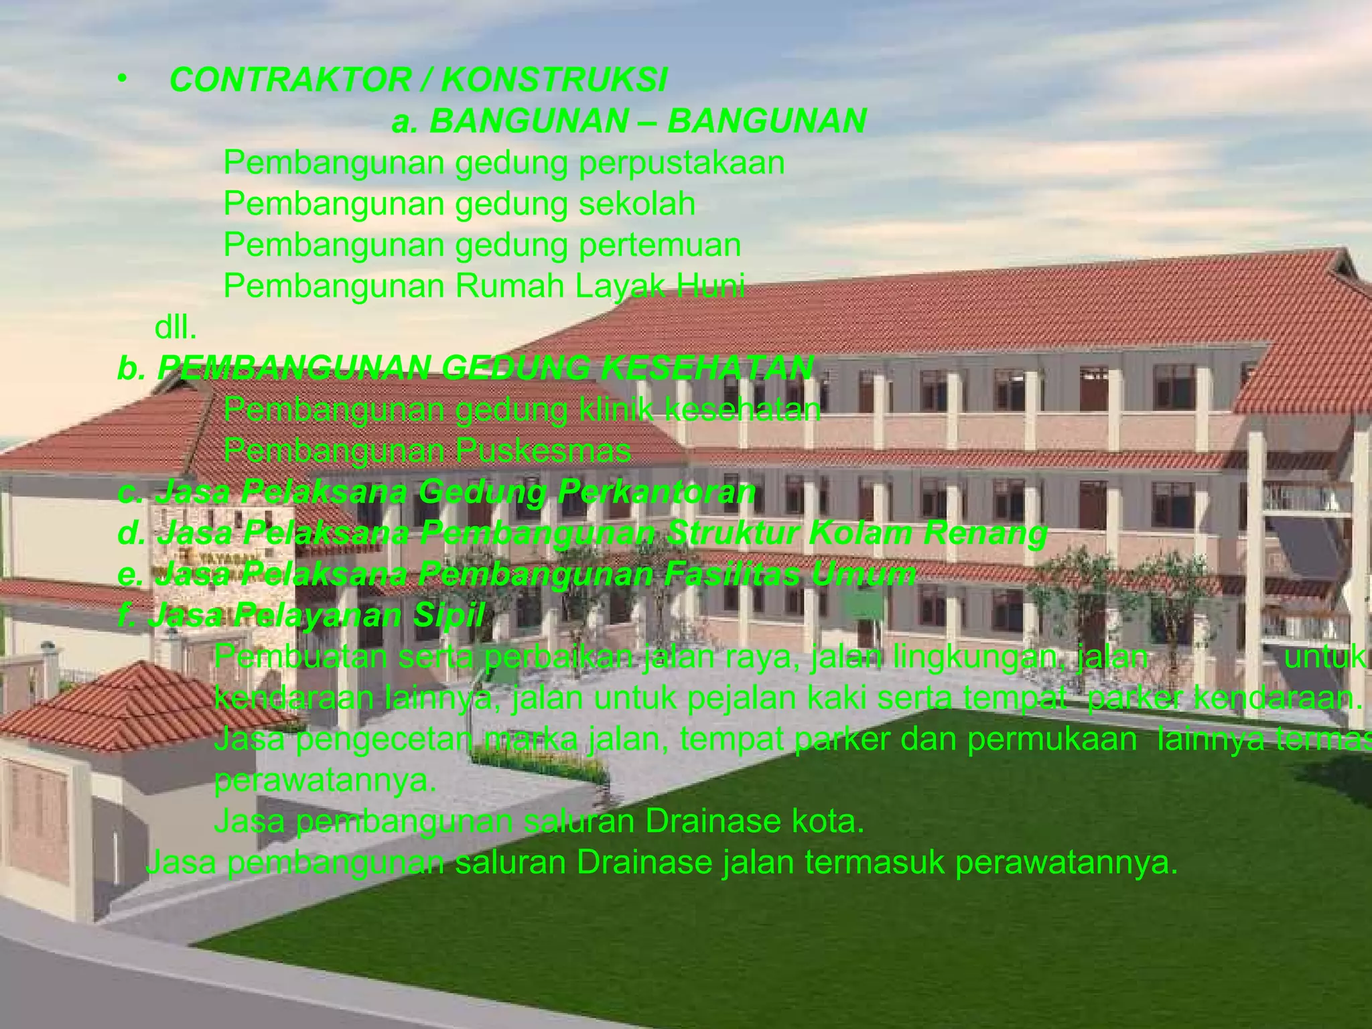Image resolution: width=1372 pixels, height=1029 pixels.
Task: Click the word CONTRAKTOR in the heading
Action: tap(289, 80)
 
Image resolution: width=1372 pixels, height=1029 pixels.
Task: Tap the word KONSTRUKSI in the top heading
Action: tap(554, 80)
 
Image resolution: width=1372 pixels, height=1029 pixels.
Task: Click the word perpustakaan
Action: tap(682, 163)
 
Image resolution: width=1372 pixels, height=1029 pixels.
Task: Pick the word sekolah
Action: tap(637, 204)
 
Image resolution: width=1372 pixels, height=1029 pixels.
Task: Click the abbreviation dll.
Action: tap(176, 328)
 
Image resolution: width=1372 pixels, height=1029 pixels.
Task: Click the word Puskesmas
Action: tap(543, 451)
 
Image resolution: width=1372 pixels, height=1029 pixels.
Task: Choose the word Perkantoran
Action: tap(656, 492)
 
